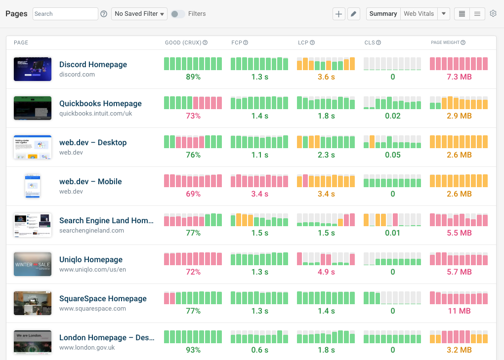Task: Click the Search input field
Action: pyautogui.click(x=65, y=14)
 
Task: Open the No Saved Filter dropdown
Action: pyautogui.click(x=139, y=14)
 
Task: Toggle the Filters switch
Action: pyautogui.click(x=178, y=14)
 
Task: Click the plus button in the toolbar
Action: pyautogui.click(x=338, y=14)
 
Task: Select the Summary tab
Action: pyautogui.click(x=383, y=14)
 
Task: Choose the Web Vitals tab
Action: pyautogui.click(x=419, y=14)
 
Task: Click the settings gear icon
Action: pyautogui.click(x=493, y=14)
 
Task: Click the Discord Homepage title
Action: pyautogui.click(x=93, y=65)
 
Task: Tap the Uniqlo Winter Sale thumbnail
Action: pyautogui.click(x=33, y=264)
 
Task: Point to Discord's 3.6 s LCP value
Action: pyautogui.click(x=326, y=77)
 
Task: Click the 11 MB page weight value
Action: pyautogui.click(x=459, y=311)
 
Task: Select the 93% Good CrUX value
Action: pyautogui.click(x=193, y=350)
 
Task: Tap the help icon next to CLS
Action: pyautogui.click(x=378, y=42)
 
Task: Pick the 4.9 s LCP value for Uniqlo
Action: pyautogui.click(x=326, y=272)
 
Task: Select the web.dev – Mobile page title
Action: pyautogui.click(x=90, y=182)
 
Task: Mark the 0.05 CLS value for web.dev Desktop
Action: pyautogui.click(x=393, y=155)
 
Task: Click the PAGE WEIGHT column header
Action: pyautogui.click(x=445, y=42)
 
